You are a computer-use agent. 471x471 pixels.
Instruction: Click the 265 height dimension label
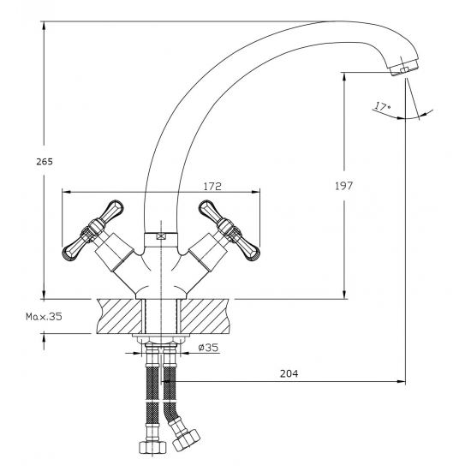tap(45, 162)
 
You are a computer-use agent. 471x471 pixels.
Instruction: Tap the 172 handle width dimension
tap(212, 186)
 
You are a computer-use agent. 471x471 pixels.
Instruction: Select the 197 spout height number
tap(344, 186)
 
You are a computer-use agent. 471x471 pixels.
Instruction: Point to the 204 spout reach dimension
tap(289, 373)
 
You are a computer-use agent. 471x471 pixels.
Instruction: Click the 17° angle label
tap(382, 107)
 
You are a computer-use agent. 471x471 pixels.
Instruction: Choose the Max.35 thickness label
tap(44, 316)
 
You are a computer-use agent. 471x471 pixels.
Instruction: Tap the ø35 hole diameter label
tap(208, 348)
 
